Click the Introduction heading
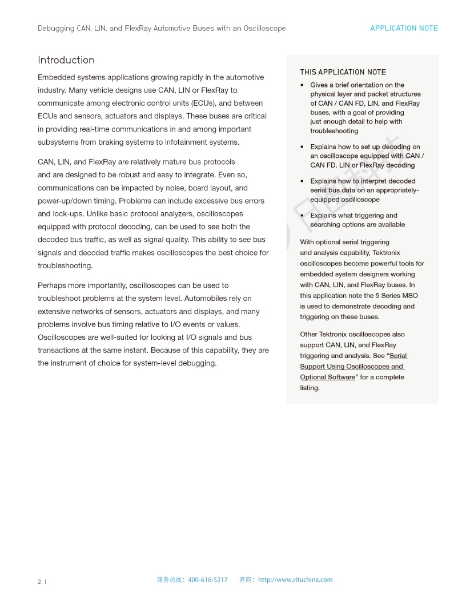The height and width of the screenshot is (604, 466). click(66, 60)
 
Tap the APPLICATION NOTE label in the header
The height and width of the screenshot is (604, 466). click(404, 28)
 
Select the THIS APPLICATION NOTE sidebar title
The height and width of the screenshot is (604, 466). click(343, 72)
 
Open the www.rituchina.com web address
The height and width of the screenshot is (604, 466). click(295, 579)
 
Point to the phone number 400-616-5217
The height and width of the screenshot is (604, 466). click(207, 579)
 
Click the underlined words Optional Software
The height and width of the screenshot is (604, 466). click(327, 377)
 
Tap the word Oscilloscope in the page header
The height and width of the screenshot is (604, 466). click(264, 28)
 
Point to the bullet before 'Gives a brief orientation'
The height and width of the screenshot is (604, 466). click(302, 85)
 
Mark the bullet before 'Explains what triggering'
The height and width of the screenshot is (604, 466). click(302, 216)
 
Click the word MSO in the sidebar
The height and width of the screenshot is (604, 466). click(411, 296)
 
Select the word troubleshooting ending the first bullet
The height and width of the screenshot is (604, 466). click(334, 131)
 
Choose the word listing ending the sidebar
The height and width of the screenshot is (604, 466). click(310, 388)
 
